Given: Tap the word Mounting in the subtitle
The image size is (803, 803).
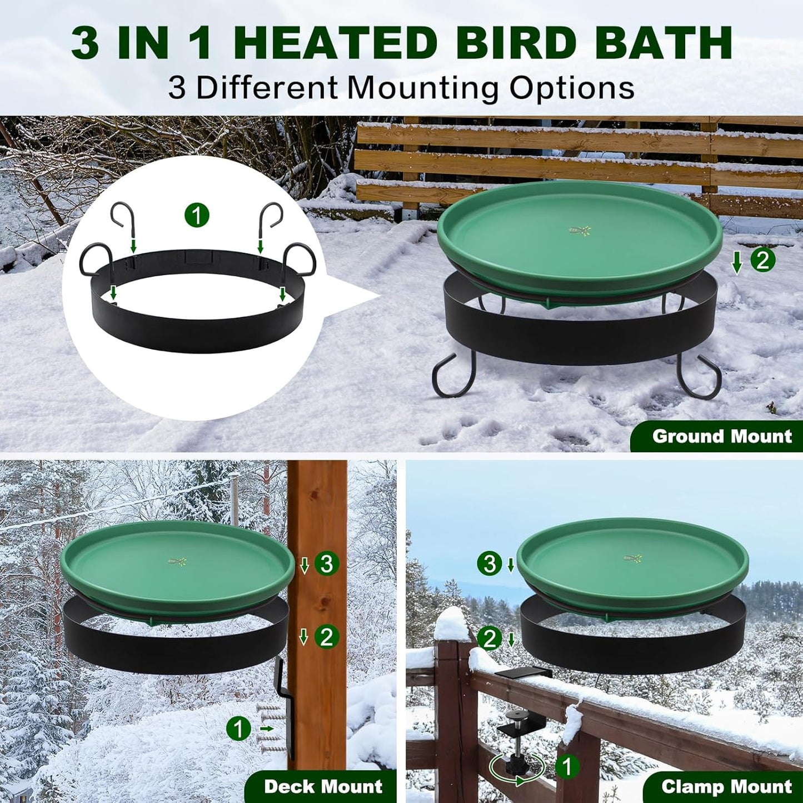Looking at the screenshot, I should (423, 88).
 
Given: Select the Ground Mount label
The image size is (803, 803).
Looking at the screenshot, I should (721, 436).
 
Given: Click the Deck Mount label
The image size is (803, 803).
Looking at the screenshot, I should (323, 786).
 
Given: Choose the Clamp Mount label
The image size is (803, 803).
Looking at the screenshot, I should (726, 786).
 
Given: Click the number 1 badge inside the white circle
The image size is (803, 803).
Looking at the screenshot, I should (197, 215).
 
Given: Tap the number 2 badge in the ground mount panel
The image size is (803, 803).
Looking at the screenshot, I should (763, 260).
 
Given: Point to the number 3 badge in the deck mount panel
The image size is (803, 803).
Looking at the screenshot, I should (327, 563).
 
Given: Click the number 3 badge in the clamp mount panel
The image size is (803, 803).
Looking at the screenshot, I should (489, 563).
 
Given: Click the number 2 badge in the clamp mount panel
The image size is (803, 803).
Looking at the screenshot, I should (489, 639).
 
